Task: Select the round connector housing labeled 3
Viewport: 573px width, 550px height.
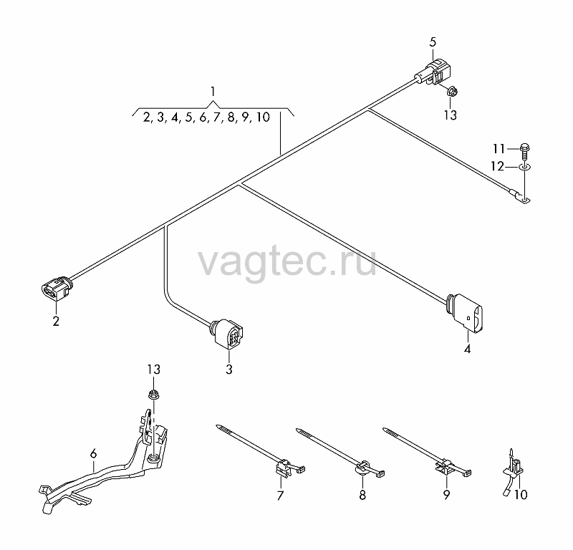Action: pos(226,333)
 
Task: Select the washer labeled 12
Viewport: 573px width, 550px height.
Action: pos(525,168)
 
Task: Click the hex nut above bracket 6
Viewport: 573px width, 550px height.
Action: pos(154,395)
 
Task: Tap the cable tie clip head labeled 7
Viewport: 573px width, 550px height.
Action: pos(283,468)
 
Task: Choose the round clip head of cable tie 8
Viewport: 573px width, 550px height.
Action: pos(362,469)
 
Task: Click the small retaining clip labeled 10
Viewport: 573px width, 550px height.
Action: pos(514,470)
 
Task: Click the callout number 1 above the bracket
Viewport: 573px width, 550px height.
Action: pos(213,91)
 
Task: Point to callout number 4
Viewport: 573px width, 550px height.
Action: pos(468,349)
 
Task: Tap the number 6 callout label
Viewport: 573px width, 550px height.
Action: pos(94,454)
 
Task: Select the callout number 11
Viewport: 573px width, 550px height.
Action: pos(499,149)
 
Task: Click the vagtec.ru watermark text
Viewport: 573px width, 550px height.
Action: pos(287,261)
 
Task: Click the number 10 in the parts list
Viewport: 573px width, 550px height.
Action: pos(263,117)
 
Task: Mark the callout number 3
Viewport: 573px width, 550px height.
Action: pos(229,370)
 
